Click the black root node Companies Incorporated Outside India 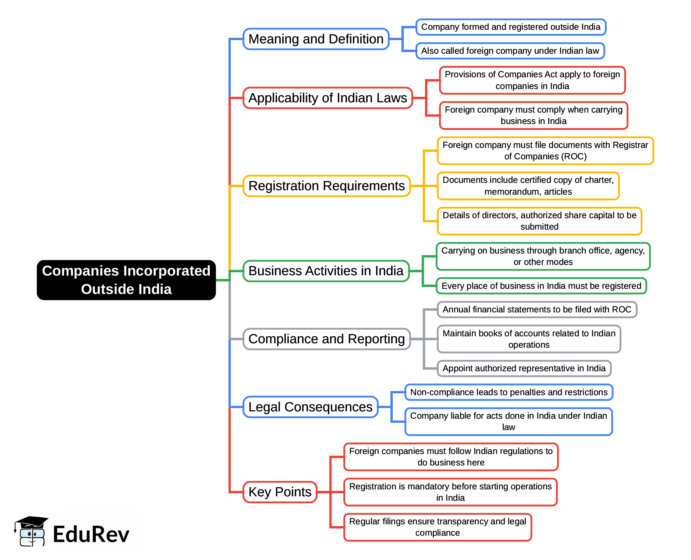[x=126, y=280]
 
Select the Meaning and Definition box [x=316, y=39]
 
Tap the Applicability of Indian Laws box [x=327, y=98]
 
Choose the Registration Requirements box [x=326, y=186]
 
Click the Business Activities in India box [x=326, y=271]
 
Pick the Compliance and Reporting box [x=326, y=339]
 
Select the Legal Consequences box [x=310, y=407]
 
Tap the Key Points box [x=280, y=492]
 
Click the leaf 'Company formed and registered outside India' [x=510, y=27]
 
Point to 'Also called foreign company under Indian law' [x=510, y=51]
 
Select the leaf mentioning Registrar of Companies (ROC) [x=545, y=150]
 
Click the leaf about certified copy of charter [x=528, y=186]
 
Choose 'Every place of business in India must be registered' [x=541, y=286]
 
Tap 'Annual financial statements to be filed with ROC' [x=536, y=309]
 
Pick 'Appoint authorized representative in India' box [x=524, y=368]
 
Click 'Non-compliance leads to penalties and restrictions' [x=508, y=392]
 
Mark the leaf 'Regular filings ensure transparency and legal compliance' [x=437, y=527]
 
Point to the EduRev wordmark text [x=91, y=534]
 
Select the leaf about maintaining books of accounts [x=529, y=339]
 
